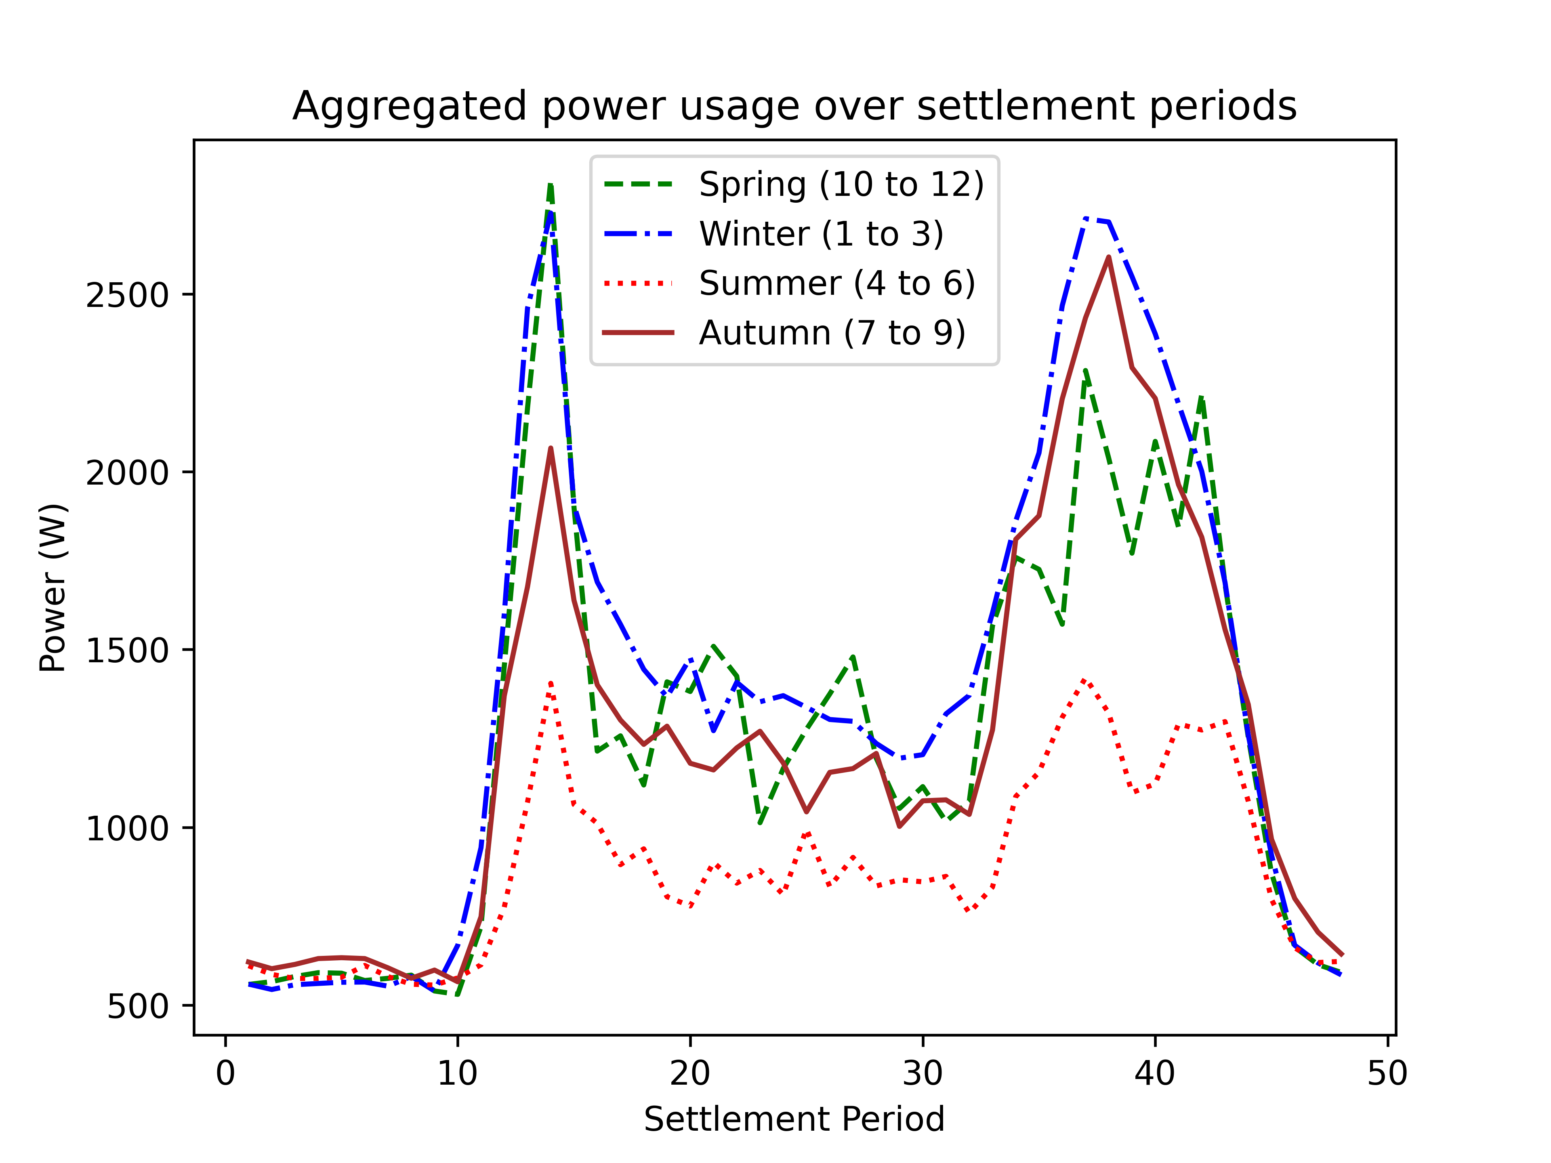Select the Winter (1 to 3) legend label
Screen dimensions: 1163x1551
point(820,234)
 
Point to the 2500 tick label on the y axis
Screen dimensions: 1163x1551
point(127,295)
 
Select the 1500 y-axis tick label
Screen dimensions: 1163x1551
point(127,651)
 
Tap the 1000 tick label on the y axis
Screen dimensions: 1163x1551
point(127,829)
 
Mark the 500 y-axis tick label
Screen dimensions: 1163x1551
point(137,1007)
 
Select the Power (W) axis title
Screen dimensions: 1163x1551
point(53,588)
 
